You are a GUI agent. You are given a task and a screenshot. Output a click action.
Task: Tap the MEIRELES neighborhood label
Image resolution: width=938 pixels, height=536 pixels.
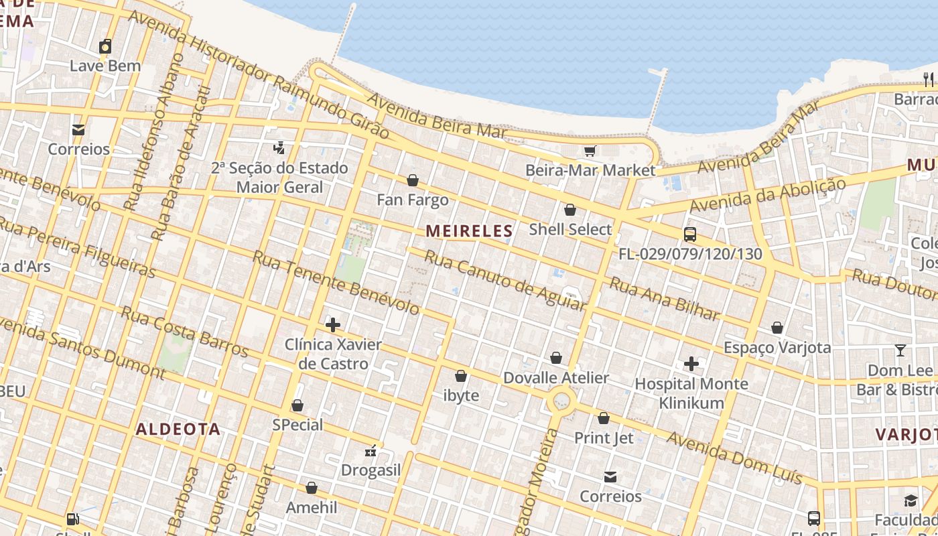(x=469, y=231)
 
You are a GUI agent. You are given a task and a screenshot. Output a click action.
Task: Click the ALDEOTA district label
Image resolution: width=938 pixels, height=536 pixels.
(x=178, y=429)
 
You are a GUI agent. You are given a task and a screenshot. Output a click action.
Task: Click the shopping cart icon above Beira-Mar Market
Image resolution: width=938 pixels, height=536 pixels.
(x=590, y=151)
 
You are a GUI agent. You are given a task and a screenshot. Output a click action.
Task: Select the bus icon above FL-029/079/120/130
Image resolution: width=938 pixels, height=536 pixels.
(x=689, y=234)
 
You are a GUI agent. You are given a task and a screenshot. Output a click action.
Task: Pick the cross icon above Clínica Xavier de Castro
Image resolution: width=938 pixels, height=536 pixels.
(x=332, y=325)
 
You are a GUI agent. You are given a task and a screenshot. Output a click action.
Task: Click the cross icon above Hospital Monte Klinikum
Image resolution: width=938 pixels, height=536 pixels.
(x=691, y=364)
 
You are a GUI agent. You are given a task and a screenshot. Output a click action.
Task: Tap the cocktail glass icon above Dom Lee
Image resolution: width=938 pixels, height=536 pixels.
(x=900, y=350)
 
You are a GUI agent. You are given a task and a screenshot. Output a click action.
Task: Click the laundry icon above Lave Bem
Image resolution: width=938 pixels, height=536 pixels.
(x=105, y=46)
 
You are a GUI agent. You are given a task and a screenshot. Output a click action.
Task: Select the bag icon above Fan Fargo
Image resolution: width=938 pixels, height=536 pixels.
(x=413, y=180)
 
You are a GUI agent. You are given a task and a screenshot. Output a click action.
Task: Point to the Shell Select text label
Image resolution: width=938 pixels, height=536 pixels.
(x=570, y=229)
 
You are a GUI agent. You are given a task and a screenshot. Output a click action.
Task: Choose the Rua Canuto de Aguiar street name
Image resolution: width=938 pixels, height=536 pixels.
(x=505, y=281)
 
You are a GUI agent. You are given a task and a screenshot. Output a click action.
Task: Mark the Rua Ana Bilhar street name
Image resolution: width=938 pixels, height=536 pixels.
(x=663, y=299)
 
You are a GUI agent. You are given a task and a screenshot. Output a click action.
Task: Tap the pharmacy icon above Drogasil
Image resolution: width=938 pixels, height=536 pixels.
(x=371, y=451)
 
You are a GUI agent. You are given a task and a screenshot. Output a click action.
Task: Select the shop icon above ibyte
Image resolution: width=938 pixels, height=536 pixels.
(x=461, y=376)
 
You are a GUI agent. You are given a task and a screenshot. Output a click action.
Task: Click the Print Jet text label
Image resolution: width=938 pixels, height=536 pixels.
(x=604, y=438)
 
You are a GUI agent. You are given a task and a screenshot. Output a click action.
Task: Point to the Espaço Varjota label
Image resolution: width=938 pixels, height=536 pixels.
(x=777, y=348)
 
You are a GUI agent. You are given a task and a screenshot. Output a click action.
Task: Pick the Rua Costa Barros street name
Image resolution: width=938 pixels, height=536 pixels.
(x=184, y=332)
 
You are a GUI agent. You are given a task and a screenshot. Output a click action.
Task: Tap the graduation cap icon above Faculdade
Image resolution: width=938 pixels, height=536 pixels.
(x=910, y=500)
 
